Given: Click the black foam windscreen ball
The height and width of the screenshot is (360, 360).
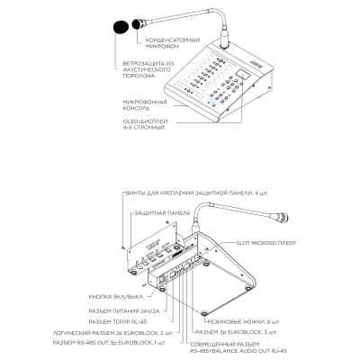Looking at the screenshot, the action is coord(121,27).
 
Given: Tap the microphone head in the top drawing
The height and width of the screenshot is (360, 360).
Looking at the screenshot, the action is coord(139,23).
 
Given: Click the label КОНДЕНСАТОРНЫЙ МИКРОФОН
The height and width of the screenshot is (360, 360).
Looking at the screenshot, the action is coord(173,43).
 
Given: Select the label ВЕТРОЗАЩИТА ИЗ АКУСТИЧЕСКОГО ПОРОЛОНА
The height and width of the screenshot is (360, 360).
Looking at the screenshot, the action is coord(148,69).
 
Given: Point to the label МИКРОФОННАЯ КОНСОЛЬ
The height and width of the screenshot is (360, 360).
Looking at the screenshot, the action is coord(145,105).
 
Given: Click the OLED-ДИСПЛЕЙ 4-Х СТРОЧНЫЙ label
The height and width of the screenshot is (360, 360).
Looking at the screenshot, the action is coord(145,124).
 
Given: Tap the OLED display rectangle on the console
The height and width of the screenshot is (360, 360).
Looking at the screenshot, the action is coord(243,75).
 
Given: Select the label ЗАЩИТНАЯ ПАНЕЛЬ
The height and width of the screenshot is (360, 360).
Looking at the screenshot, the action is coord(162,213).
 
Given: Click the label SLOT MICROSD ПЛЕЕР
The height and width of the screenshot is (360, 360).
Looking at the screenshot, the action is coord(266,243).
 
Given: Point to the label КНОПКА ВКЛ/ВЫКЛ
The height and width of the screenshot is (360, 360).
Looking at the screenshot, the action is coord(116,297).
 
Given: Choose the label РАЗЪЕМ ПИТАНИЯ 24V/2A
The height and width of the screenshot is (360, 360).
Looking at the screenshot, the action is coord(124,310).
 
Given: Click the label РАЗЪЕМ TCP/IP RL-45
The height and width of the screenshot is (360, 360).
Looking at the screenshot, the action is coord(118,321).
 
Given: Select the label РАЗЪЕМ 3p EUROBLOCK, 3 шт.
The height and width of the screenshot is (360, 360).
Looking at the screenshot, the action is coord(236,332).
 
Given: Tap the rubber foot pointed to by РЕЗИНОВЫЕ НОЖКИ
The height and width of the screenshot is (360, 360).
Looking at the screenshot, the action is coord(205,313).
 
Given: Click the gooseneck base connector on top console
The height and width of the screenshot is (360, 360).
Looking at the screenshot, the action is coord(224,38).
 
